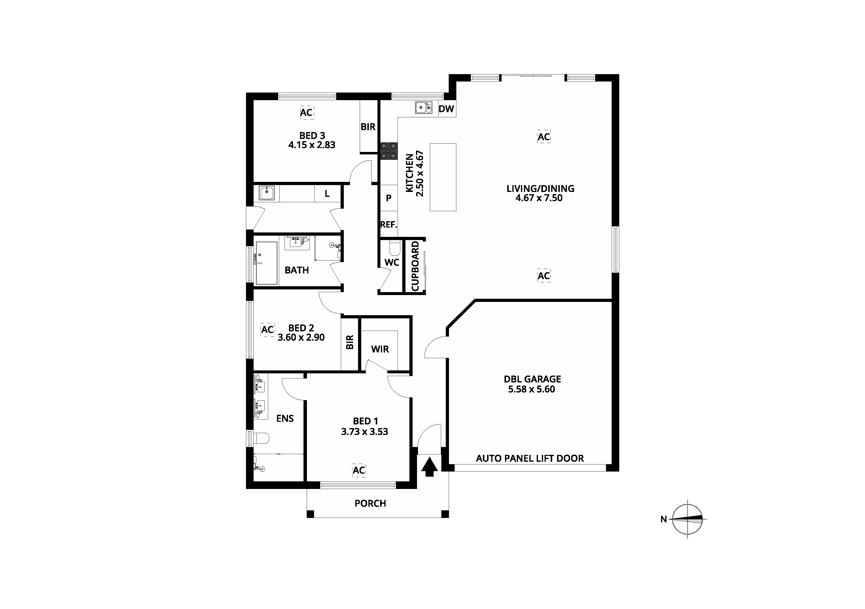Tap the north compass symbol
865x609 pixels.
(688, 519)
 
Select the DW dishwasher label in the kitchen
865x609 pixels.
(447, 109)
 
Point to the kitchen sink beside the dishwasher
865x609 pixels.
(424, 108)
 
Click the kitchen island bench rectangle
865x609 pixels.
(443, 177)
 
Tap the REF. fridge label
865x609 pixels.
(389, 225)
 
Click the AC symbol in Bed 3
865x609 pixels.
(306, 112)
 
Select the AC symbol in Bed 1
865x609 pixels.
(359, 470)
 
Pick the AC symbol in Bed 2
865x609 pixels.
(268, 330)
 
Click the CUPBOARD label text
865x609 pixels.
(415, 266)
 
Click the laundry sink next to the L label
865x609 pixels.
(267, 193)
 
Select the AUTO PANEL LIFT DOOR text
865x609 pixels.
(530, 459)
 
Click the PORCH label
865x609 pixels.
(370, 504)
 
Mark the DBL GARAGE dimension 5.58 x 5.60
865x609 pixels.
(532, 389)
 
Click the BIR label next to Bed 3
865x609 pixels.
(368, 127)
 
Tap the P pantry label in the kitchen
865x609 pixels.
(389, 198)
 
